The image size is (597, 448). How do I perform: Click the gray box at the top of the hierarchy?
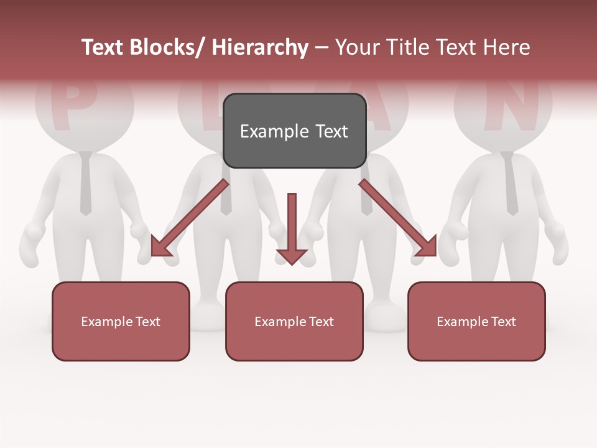pyautogui.click(x=294, y=131)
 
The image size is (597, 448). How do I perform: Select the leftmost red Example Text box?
pyautogui.click(x=121, y=321)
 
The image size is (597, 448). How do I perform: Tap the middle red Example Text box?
pyautogui.click(x=294, y=321)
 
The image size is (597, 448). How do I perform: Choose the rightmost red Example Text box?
pyautogui.click(x=476, y=321)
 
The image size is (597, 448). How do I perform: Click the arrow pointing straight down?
pyautogui.click(x=292, y=227)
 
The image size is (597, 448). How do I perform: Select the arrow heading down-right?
pyautogui.click(x=398, y=218)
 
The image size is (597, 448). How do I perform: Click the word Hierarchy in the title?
pyautogui.click(x=260, y=48)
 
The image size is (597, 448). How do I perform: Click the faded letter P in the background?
pyautogui.click(x=72, y=106)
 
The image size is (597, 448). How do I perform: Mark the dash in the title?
pyautogui.click(x=322, y=48)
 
